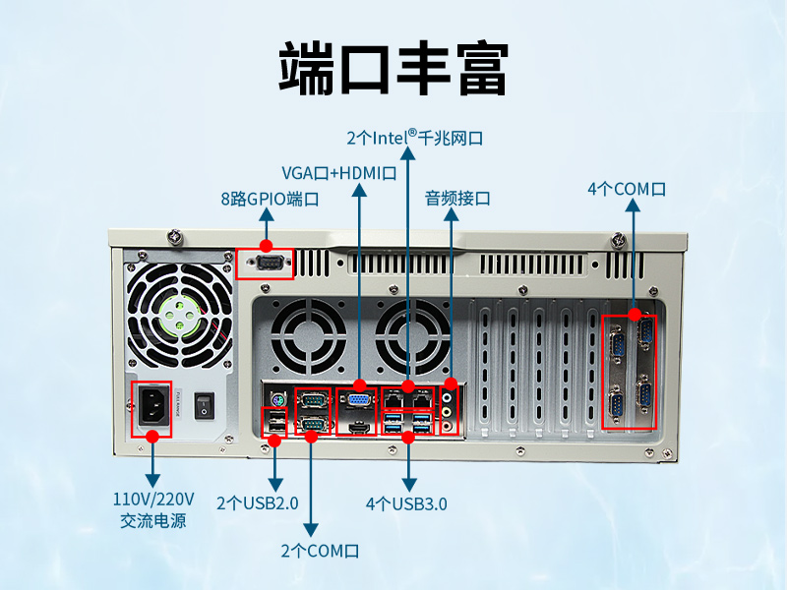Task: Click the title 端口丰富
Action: tap(393, 68)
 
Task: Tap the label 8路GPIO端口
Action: tap(270, 200)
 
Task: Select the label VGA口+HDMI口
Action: tap(339, 173)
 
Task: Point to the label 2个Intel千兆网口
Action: tap(414, 137)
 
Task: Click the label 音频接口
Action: tap(457, 199)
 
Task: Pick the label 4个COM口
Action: tap(627, 189)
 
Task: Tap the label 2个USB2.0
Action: tap(258, 503)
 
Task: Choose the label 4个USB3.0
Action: tap(406, 503)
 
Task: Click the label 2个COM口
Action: tap(321, 551)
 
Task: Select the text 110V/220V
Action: tap(153, 500)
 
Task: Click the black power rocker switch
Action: tap(205, 406)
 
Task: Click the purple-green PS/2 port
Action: tap(278, 400)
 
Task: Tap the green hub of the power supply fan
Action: tap(179, 317)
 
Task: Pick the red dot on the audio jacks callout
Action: tap(451, 383)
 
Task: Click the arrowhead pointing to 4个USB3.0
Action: tap(409, 485)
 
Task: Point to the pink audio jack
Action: tap(449, 427)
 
